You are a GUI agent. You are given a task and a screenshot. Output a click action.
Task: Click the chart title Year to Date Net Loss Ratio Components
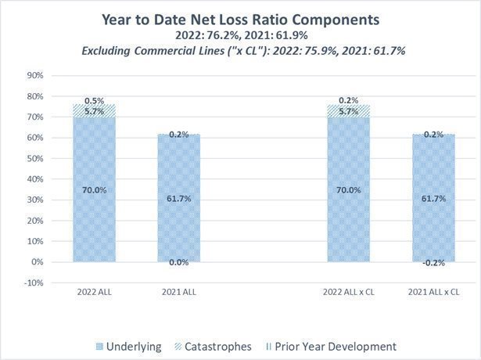240,19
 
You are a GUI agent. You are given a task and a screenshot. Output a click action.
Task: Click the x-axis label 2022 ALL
93,292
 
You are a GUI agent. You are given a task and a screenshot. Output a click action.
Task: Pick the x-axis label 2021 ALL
179,292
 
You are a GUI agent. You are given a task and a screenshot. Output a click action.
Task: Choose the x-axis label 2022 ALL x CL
349,292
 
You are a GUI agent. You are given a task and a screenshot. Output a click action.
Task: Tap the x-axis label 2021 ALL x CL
435,292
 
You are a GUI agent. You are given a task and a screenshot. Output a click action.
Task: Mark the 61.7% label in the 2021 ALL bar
179,200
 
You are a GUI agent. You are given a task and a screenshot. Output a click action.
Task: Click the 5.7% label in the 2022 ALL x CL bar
349,112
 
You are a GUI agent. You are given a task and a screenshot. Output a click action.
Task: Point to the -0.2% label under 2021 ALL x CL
435,264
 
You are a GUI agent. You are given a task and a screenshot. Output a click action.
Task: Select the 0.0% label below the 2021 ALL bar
179,263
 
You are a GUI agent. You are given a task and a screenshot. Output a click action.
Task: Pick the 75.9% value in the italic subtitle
323,51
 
